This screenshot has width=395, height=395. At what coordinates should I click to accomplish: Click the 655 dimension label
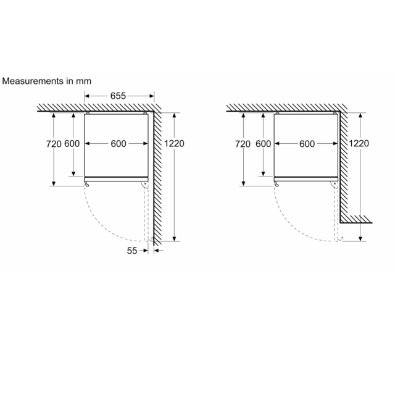pos(118,96)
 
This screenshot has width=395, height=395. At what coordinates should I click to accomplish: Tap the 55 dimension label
pos(132,251)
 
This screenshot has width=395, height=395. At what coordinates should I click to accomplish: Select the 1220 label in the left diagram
pos(174,144)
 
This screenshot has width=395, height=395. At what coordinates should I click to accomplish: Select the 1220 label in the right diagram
pos(359,143)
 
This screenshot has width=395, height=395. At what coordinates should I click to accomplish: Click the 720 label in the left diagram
pos(54,144)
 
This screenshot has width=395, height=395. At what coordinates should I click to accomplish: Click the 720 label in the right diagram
pos(243,144)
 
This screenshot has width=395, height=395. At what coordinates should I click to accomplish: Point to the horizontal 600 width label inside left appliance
pos(118,144)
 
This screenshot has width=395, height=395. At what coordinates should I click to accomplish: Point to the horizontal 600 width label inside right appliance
pos(307,144)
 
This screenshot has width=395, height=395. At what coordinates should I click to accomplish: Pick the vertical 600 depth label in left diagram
pos(72,144)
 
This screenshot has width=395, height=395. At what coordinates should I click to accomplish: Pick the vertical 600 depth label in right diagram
pos(264,144)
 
